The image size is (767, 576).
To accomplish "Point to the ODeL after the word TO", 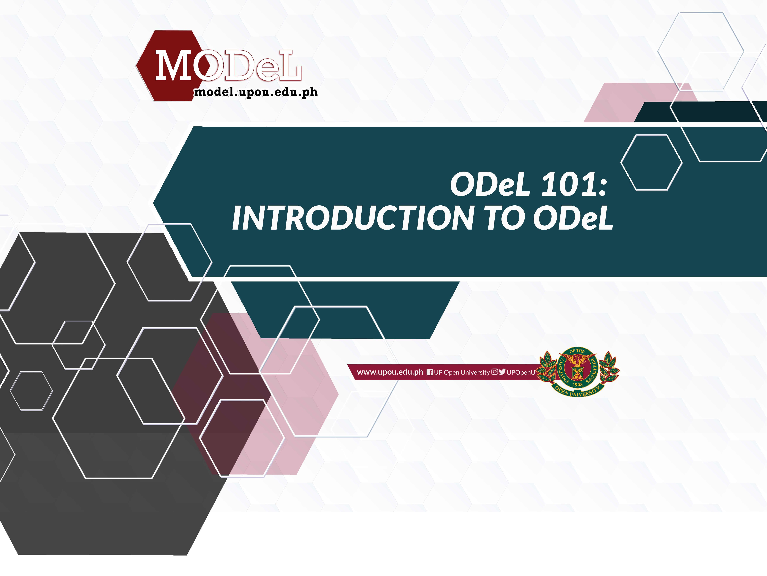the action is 573,218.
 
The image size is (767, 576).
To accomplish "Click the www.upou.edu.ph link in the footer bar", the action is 390,372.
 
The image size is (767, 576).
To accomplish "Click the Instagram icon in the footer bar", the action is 495,372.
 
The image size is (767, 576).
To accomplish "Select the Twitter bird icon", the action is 502,372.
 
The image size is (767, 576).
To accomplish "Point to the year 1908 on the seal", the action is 578,385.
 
